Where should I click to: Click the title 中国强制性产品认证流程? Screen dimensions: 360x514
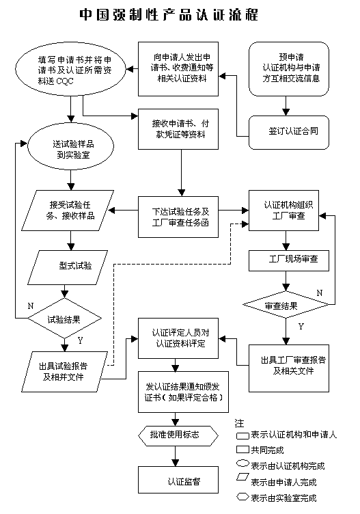169,15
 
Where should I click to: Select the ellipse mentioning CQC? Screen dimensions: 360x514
71,70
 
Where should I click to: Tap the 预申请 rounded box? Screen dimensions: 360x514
289,69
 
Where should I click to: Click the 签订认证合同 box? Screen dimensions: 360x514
289,133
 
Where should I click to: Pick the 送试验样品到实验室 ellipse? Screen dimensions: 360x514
71,146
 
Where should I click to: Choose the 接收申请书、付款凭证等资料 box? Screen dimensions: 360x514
178,129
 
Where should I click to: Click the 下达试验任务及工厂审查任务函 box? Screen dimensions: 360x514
178,217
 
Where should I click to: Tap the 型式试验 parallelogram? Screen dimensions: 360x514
68,267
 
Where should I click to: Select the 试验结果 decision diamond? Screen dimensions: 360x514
64,318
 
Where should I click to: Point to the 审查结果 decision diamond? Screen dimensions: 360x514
286,305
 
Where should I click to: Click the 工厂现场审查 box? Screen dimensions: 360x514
289,260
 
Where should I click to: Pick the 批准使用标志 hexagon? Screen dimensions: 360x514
178,435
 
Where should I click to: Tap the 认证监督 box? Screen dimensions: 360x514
178,480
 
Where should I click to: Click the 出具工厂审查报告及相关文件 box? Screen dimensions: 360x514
289,368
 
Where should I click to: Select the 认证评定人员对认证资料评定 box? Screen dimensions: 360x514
178,338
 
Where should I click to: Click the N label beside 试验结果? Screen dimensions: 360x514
31,306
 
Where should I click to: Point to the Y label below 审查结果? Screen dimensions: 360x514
301,327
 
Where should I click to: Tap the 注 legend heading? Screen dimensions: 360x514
240,424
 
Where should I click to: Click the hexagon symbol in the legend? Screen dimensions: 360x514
243,497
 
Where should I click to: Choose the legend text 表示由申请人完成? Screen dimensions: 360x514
283,482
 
